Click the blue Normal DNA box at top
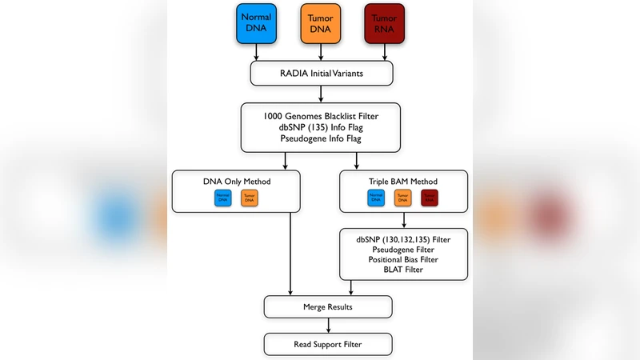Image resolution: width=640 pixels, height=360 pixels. (256, 23)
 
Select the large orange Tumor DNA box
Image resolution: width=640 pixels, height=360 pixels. (321, 23)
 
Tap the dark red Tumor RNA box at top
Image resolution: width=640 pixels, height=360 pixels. (385, 23)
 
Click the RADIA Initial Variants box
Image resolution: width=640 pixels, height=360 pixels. (322, 74)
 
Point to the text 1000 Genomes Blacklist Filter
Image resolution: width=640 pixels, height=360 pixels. (322, 114)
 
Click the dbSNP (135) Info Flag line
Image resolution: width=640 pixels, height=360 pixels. (322, 126)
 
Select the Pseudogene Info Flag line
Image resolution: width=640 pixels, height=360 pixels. (322, 138)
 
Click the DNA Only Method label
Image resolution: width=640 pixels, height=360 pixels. (237, 182)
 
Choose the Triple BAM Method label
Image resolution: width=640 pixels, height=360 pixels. (404, 182)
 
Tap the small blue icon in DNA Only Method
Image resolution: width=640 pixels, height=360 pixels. (223, 198)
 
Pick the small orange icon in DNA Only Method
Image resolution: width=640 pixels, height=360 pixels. (250, 198)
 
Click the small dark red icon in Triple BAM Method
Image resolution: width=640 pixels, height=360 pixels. (430, 198)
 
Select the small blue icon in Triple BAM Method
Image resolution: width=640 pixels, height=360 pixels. (376, 198)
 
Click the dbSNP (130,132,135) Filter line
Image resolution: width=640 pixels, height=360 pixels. (404, 238)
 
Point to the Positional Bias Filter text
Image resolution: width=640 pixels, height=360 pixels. (404, 259)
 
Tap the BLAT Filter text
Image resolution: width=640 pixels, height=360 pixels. (404, 270)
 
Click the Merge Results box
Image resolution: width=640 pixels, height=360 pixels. (328, 306)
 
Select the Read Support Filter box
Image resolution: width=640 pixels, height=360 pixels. (328, 344)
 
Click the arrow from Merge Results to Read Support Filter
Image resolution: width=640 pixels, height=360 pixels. (328, 325)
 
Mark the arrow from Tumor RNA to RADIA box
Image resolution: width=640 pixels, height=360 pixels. (385, 53)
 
